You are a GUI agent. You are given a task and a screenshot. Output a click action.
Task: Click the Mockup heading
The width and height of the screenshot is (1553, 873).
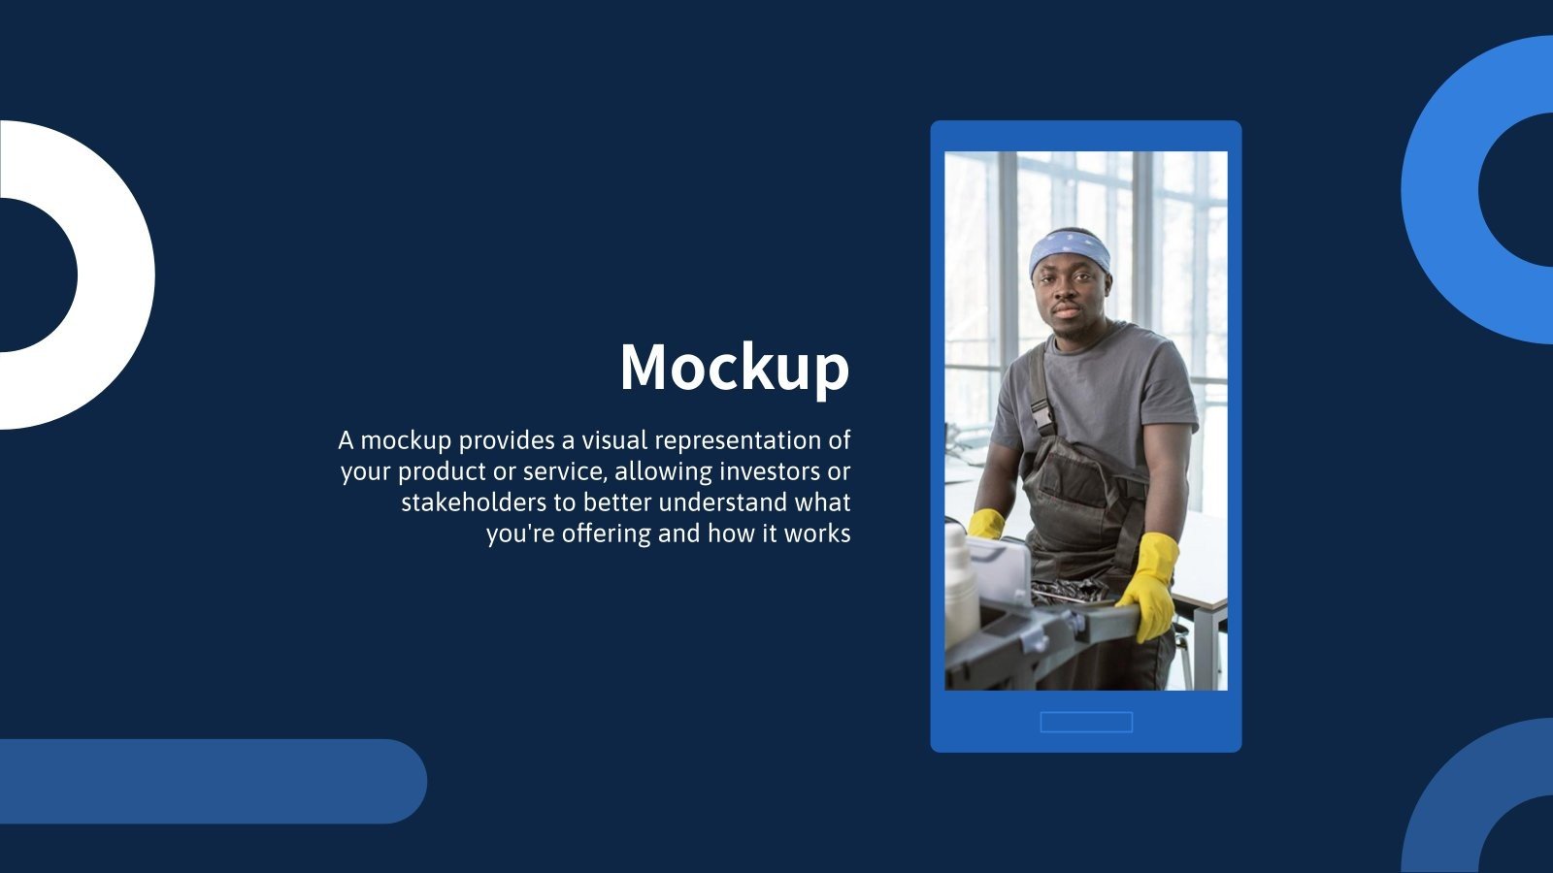(x=735, y=368)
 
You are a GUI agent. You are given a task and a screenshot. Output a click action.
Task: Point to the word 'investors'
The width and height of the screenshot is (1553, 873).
(x=769, y=471)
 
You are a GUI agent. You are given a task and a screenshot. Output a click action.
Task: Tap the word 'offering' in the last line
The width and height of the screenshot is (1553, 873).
(x=607, y=534)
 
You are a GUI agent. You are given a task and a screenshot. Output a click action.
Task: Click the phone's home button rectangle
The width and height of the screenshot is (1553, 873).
(x=1086, y=722)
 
